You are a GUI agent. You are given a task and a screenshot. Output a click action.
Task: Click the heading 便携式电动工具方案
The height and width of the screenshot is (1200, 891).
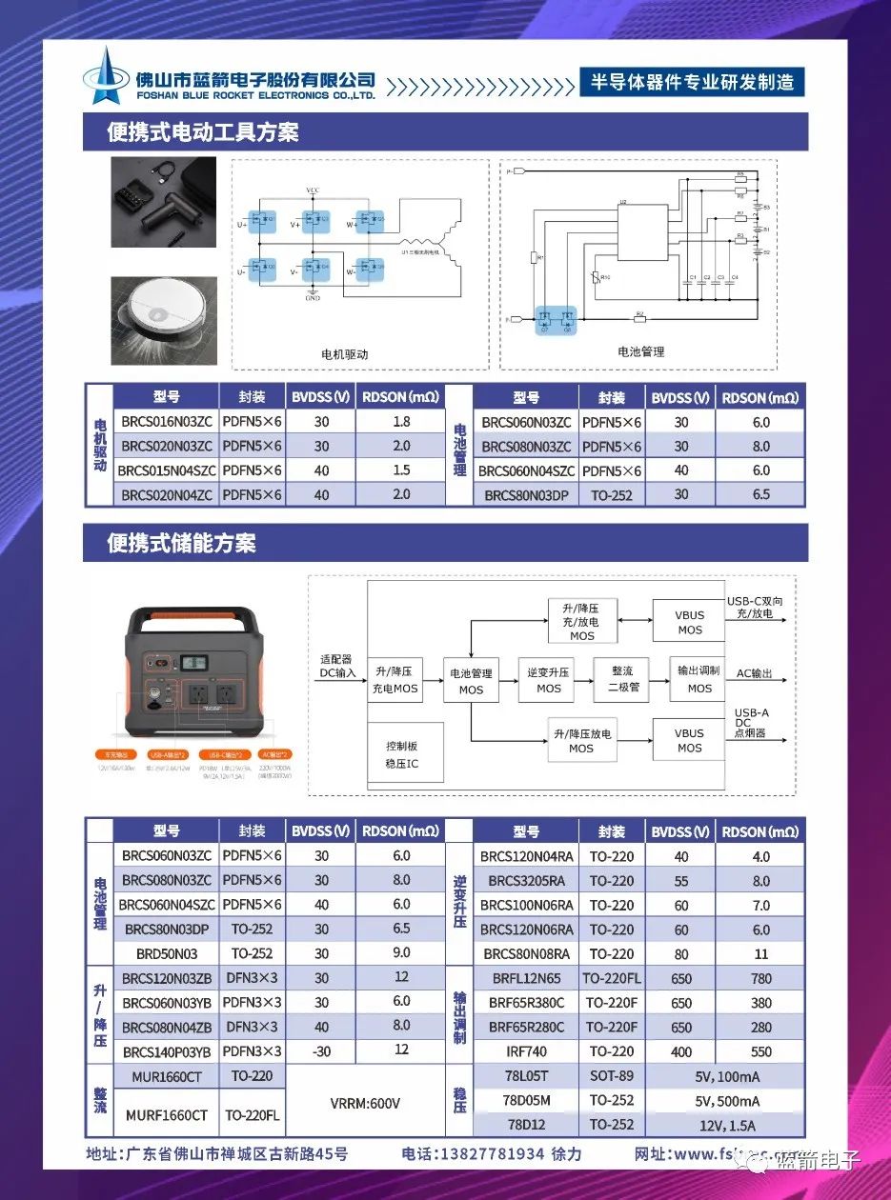click(203, 131)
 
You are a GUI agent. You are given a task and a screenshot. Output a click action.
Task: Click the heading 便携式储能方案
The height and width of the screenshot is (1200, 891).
click(181, 544)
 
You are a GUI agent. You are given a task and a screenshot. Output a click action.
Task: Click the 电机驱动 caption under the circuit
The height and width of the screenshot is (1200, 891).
click(344, 354)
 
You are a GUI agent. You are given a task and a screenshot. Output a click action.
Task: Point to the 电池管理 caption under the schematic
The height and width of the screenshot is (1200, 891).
click(640, 351)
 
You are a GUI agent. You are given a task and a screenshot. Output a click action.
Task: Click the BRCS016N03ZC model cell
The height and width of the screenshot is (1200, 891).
click(166, 422)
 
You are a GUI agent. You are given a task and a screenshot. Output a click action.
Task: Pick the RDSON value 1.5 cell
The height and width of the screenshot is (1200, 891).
click(401, 470)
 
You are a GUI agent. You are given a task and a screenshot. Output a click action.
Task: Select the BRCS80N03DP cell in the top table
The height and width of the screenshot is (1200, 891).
click(526, 495)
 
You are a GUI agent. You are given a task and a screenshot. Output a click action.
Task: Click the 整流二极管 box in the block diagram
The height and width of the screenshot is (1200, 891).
click(621, 679)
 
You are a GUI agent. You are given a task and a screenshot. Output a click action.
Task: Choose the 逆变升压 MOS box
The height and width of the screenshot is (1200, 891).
click(548, 679)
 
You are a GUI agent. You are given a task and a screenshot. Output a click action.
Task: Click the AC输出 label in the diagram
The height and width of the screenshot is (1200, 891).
click(754, 673)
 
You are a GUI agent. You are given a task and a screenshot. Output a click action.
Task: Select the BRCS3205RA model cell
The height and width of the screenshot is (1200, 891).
click(526, 881)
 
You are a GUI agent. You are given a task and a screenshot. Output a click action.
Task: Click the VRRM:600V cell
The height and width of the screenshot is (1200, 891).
click(365, 1103)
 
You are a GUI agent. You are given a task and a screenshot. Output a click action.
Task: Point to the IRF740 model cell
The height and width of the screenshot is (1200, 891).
click(526, 1051)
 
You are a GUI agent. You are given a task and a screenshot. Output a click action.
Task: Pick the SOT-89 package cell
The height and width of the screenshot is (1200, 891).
click(611, 1075)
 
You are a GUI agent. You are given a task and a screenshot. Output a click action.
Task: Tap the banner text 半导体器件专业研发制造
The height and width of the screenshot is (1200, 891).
click(692, 82)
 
